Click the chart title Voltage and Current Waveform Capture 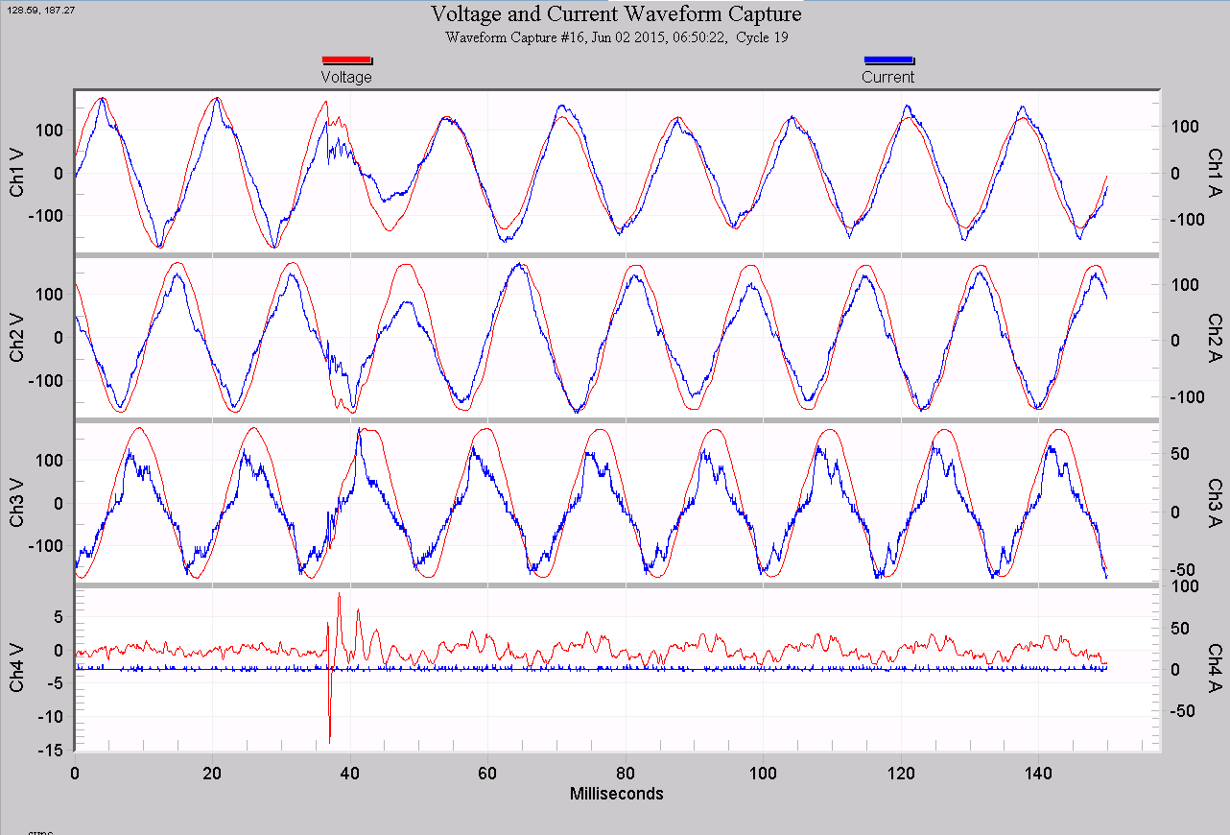tap(615, 14)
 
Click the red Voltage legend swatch tap(346, 60)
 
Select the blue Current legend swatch tap(888, 60)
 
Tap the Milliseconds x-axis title tap(616, 794)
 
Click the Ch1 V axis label tap(17, 174)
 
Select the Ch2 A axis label tap(1214, 339)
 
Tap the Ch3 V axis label tap(17, 504)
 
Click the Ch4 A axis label tap(1214, 668)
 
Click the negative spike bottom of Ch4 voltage tap(329, 741)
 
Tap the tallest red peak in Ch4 tap(339, 595)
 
